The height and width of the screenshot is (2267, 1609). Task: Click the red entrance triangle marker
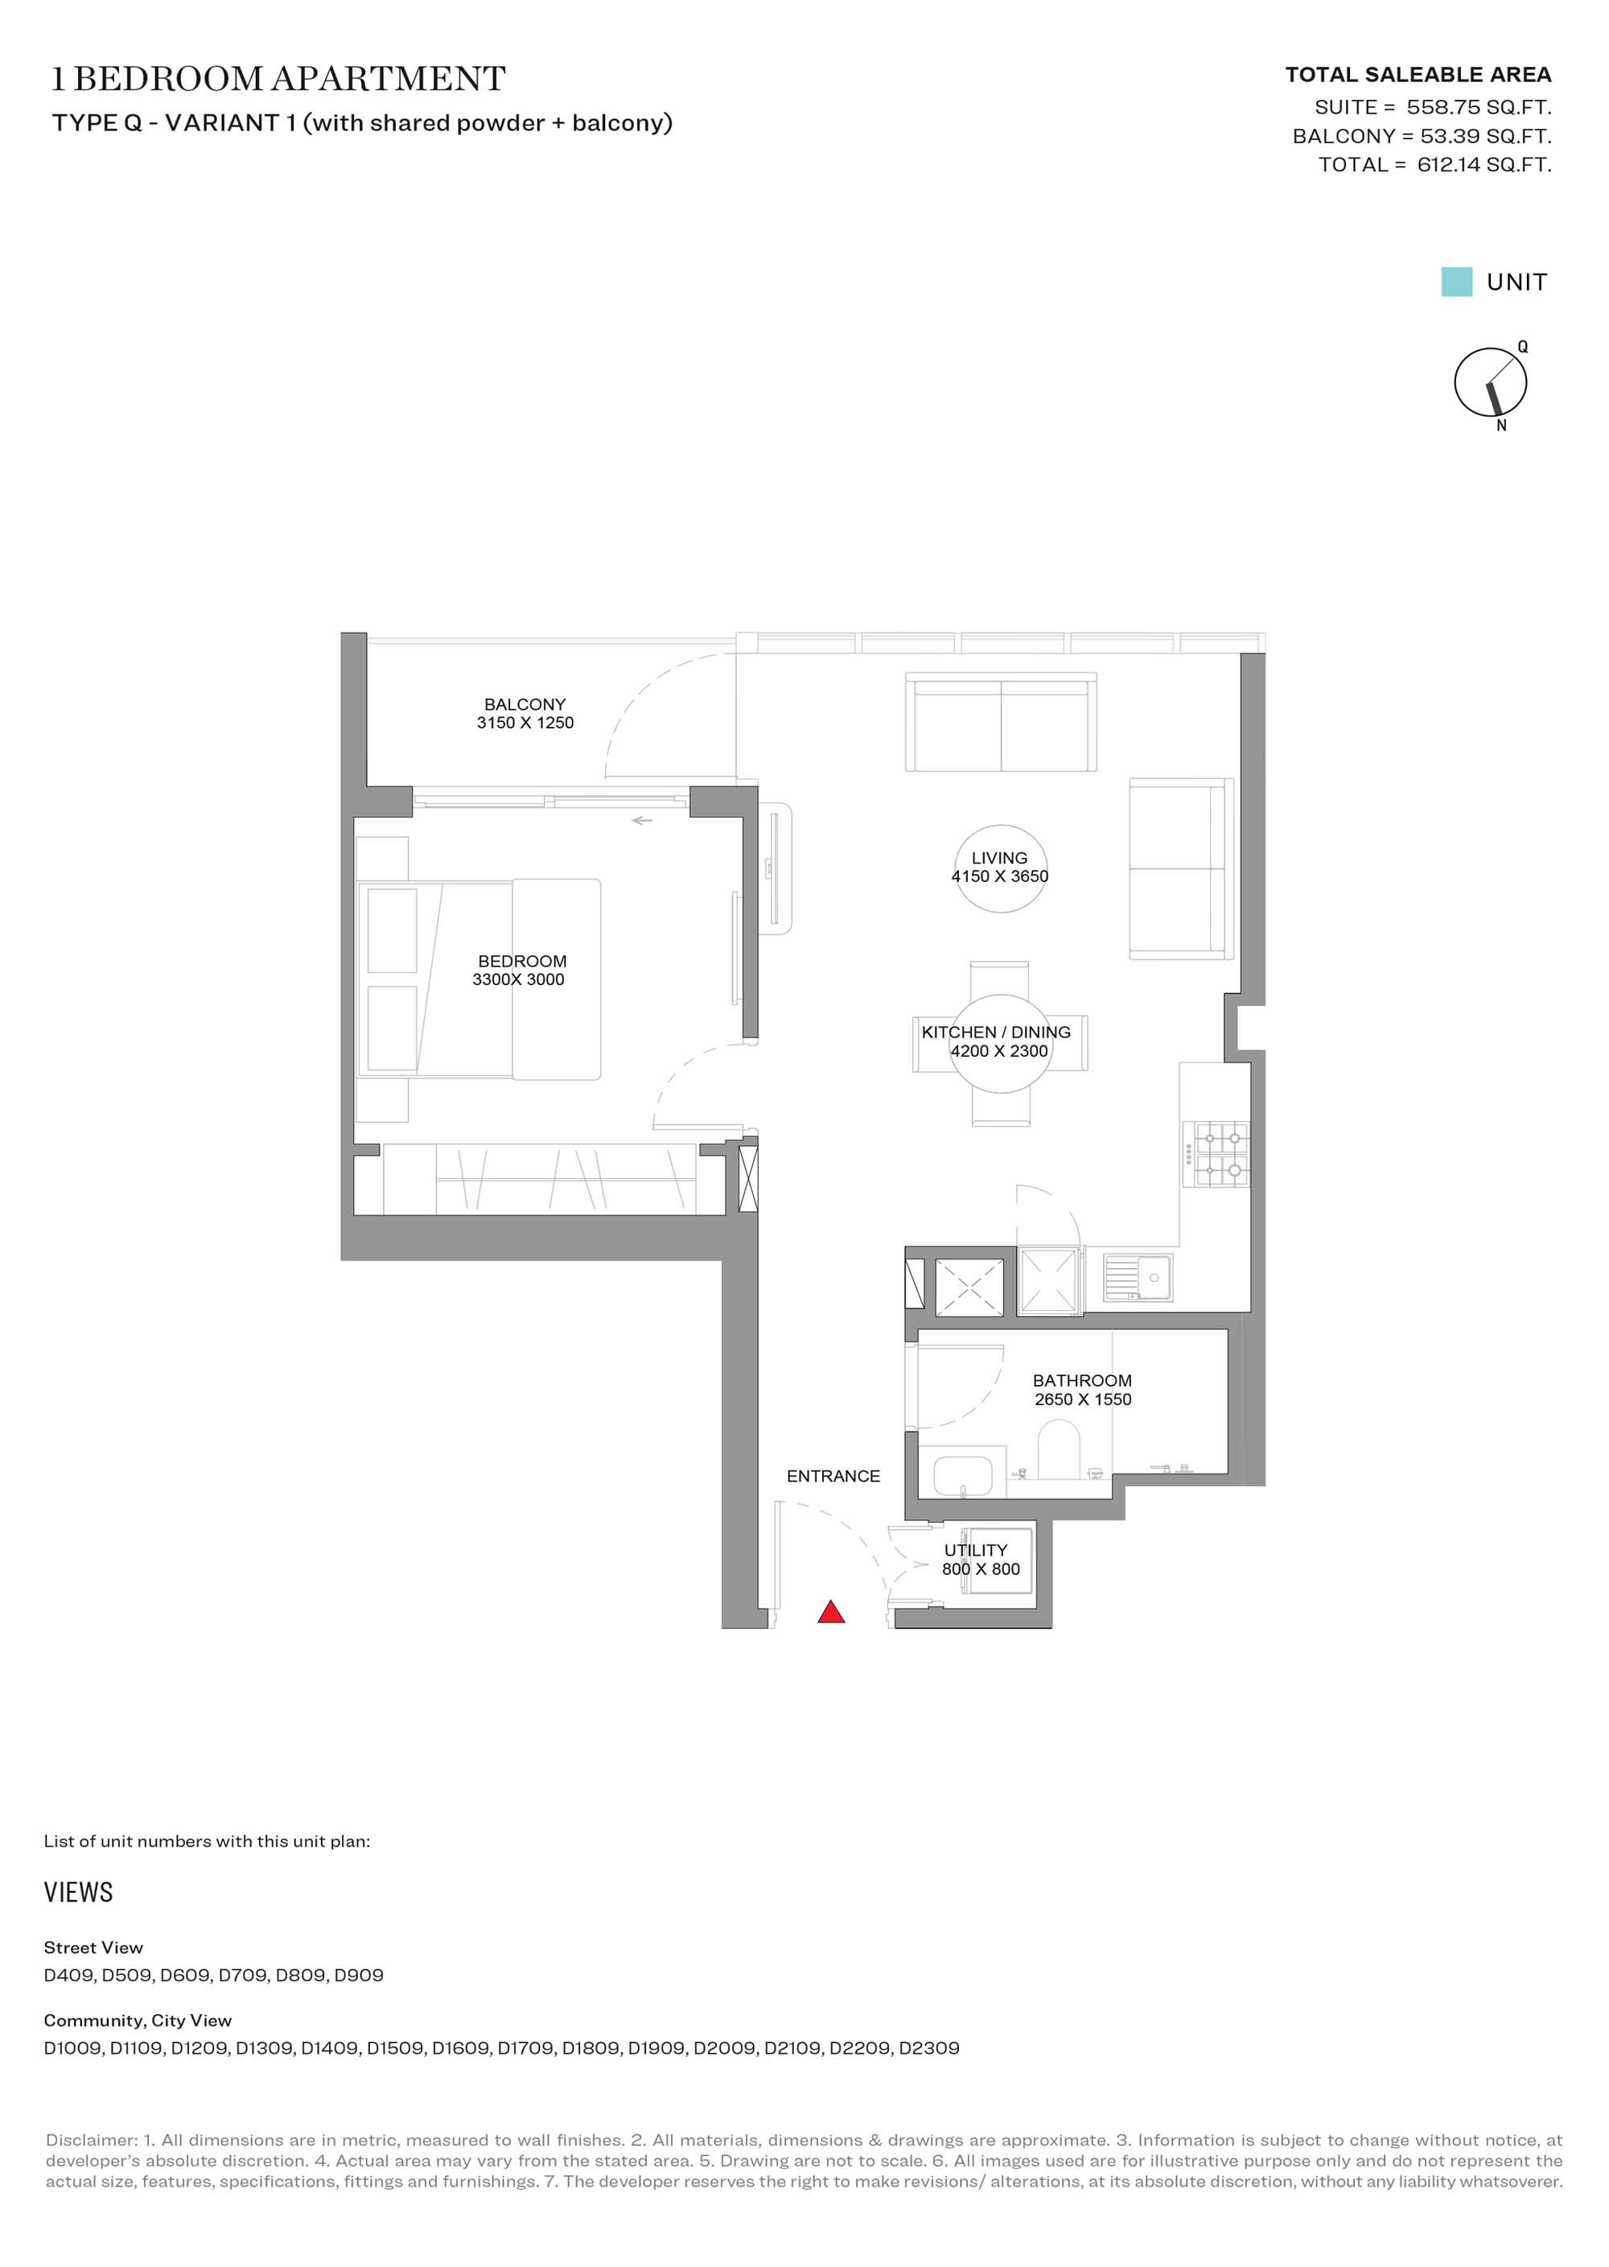[x=831, y=1613]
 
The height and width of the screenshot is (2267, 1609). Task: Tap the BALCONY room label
[x=525, y=704]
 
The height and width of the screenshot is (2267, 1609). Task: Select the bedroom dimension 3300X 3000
[x=518, y=980]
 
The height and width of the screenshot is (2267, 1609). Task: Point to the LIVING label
[x=1000, y=858]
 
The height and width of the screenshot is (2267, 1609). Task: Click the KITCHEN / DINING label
[x=996, y=1033]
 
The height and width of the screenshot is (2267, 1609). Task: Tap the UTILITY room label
[x=976, y=1550]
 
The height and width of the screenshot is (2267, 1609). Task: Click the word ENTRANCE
[x=833, y=1476]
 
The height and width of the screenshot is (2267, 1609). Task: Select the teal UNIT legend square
[x=1456, y=282]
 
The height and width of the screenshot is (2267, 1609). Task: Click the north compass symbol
[x=1490, y=382]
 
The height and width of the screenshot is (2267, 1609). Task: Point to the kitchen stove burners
[x=1221, y=1153]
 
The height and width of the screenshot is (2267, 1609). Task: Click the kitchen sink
[x=1138, y=1278]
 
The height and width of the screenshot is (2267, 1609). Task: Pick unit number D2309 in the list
[x=928, y=2048]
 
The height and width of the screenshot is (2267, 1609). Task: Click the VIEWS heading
[x=78, y=1893]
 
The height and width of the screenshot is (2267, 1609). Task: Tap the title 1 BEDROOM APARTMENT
[x=278, y=78]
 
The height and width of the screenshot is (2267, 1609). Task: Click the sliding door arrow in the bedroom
[x=642, y=820]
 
